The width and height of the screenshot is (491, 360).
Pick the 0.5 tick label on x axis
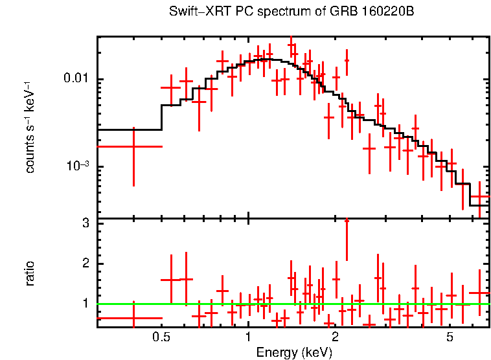click(161, 338)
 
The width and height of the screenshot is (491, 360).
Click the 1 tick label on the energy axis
click(248, 338)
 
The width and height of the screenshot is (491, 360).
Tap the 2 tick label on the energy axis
click(335, 338)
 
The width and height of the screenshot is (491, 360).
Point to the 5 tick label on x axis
click(450, 338)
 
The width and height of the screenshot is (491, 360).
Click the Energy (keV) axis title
click(294, 353)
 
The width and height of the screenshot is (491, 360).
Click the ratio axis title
click(30, 273)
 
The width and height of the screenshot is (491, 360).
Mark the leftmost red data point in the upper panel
click(133, 146)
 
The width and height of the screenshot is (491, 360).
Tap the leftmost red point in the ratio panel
click(133, 318)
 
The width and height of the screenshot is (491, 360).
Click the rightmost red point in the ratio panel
click(480, 293)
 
